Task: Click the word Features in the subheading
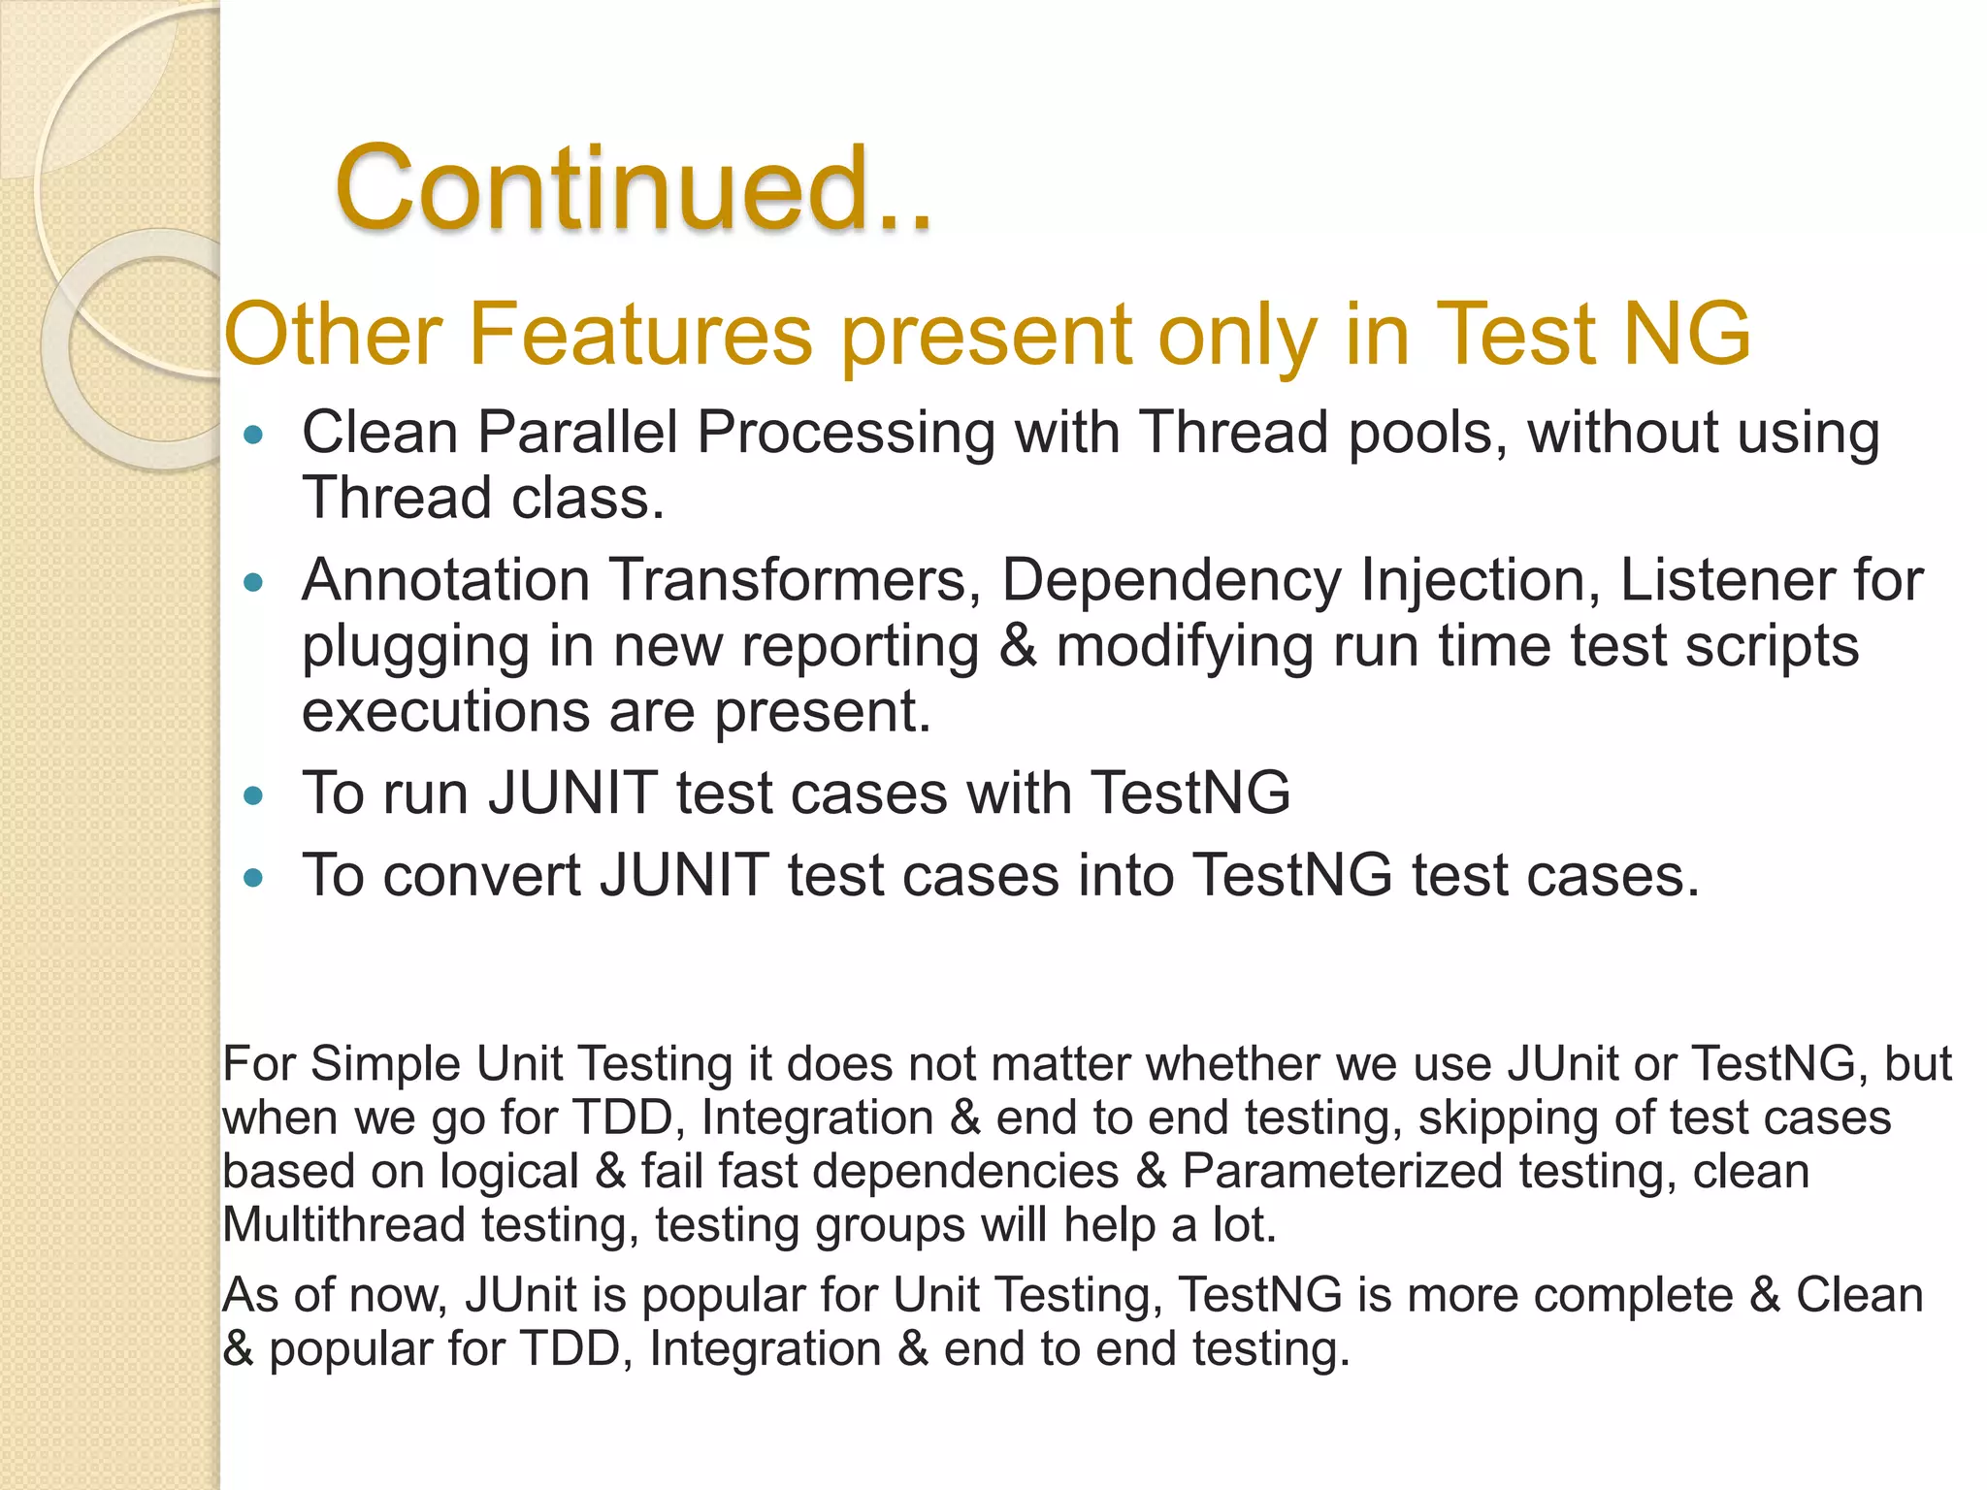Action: [x=640, y=334]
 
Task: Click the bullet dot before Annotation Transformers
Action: [x=254, y=582]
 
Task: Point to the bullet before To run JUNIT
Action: [x=254, y=796]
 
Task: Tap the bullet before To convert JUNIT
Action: [x=254, y=878]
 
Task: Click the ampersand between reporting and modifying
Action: [x=1017, y=646]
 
